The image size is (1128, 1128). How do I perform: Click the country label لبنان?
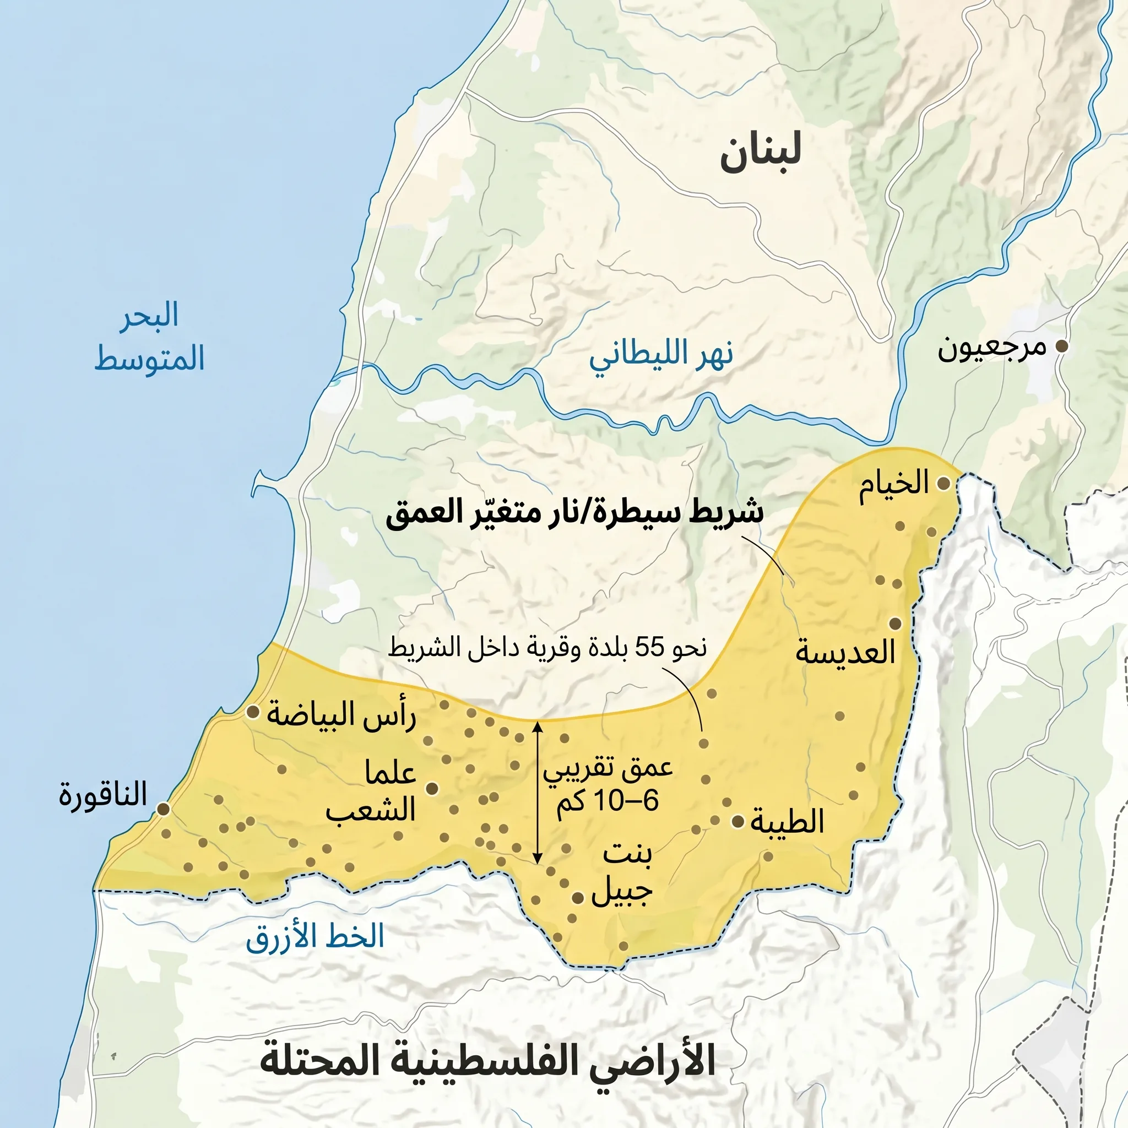pyautogui.click(x=760, y=153)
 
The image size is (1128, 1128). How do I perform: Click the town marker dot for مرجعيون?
pyautogui.click(x=1062, y=346)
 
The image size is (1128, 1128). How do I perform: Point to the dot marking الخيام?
pyautogui.click(x=942, y=484)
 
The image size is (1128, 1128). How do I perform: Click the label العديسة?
pyautogui.click(x=845, y=652)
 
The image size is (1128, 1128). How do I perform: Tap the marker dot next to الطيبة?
pyautogui.click(x=738, y=821)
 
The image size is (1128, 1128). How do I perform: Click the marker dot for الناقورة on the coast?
pyautogui.click(x=164, y=809)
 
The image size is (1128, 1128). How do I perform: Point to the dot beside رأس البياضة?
pyautogui.click(x=253, y=712)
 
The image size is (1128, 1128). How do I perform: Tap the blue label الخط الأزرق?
pyautogui.click(x=314, y=936)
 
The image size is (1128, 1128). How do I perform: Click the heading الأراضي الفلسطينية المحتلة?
pyautogui.click(x=487, y=1061)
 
